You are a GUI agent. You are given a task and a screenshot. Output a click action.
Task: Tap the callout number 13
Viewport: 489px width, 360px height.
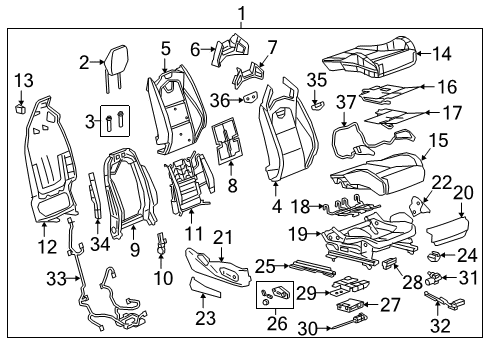[x=21, y=80]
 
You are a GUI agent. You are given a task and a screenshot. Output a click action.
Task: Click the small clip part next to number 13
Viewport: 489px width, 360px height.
[x=20, y=102]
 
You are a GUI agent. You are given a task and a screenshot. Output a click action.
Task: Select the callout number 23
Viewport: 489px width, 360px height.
[x=206, y=319]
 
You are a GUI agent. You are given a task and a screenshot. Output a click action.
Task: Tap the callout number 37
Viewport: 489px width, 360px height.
[x=345, y=102]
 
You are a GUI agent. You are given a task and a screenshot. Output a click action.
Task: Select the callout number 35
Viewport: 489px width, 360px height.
[x=317, y=78]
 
